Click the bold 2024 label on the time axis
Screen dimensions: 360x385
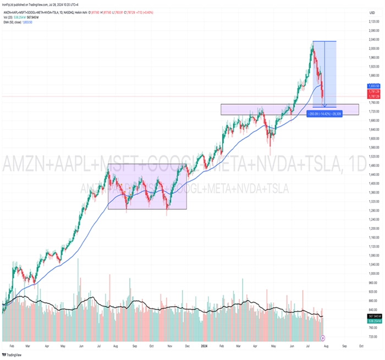(204, 346)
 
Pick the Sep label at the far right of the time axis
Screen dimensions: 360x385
(344, 346)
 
